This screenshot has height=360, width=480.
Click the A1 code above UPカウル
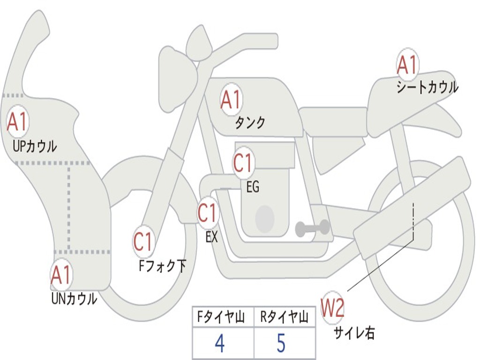coord(18,122)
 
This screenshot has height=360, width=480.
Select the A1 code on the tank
coord(231,99)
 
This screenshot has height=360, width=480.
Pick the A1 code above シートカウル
coord(407,65)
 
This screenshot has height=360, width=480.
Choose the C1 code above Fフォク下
coord(143,242)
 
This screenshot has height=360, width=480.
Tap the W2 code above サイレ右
coord(332,308)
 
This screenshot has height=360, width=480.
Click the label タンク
coord(250,123)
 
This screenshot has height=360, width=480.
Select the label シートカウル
coord(427,87)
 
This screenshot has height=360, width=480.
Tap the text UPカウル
coord(34,146)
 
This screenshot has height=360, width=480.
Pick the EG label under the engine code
coord(252,187)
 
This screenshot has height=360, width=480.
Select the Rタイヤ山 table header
coord(284,318)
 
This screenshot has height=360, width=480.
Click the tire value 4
coord(219,344)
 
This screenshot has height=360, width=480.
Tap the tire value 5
coord(281,344)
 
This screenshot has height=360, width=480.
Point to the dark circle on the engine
coord(264,218)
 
